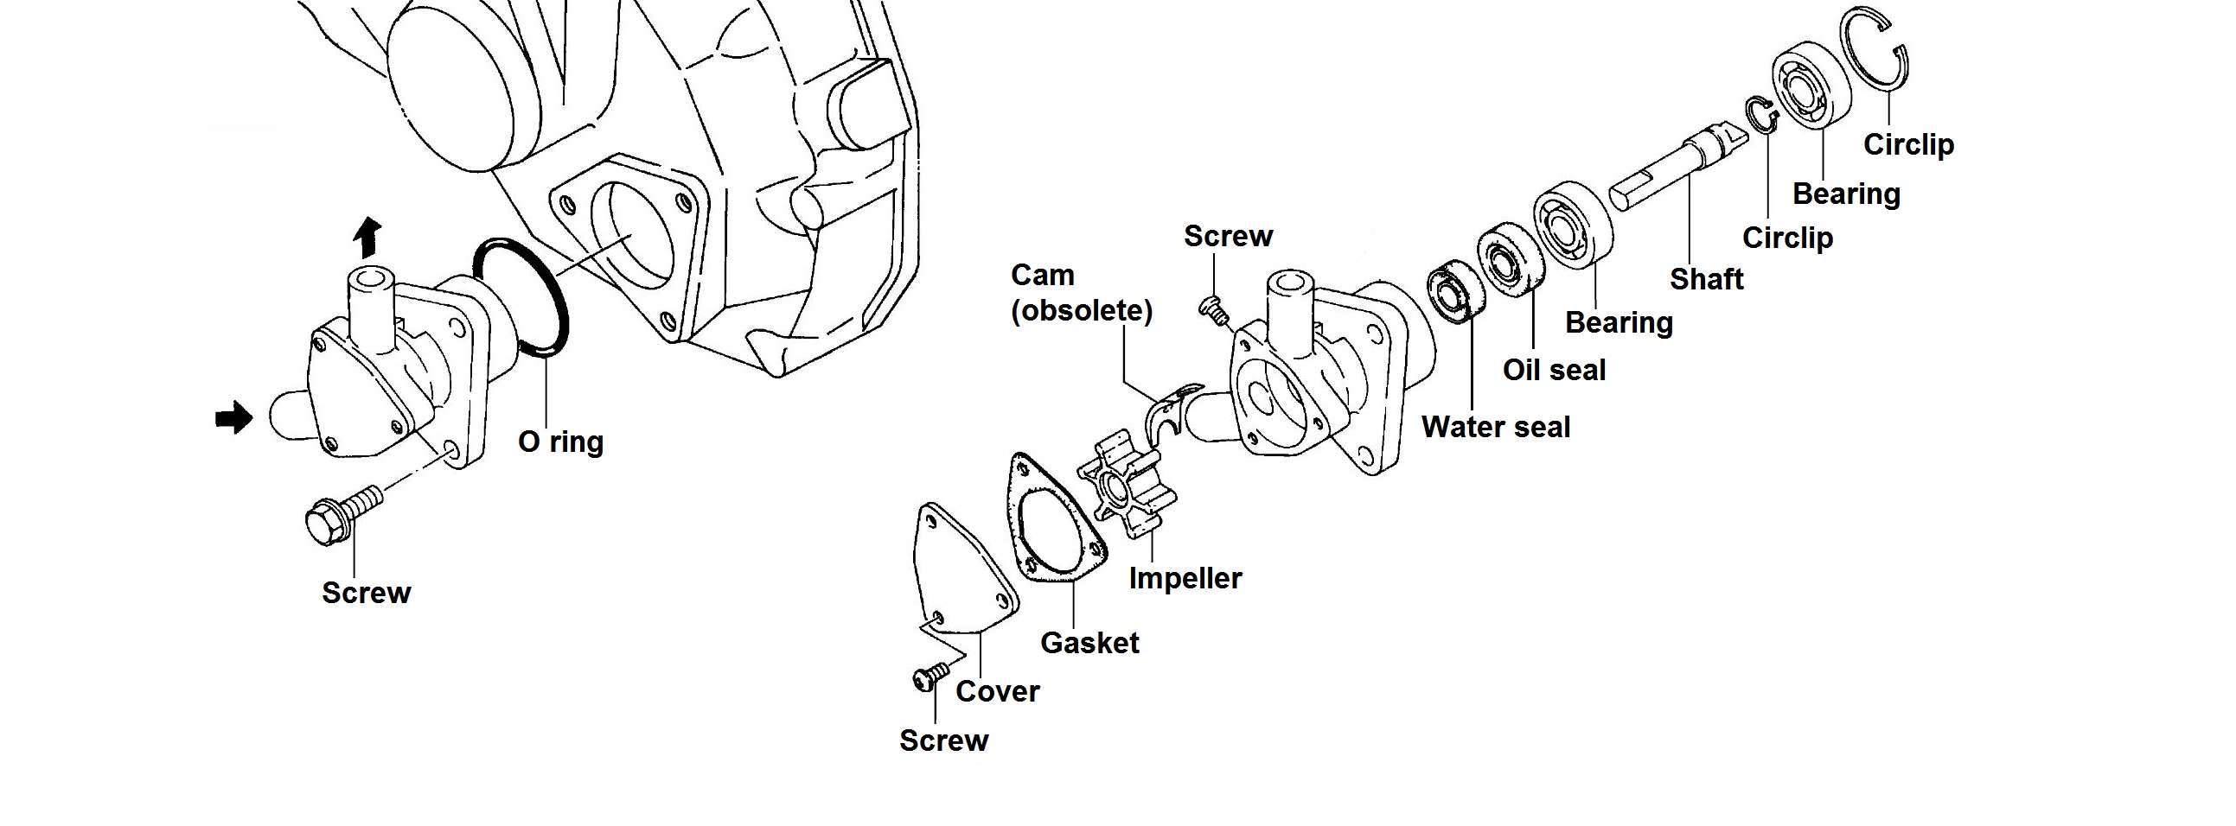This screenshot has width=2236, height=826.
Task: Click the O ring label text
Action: pos(561,442)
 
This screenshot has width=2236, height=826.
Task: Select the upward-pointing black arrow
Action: pos(369,236)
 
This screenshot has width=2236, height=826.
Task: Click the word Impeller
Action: pos(1185,578)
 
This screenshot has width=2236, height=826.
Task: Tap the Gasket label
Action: pos(1089,643)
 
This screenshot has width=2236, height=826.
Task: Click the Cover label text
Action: pos(997,691)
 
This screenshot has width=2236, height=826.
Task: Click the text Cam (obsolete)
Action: pos(1082,293)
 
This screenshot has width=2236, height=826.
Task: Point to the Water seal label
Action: pos(1496,427)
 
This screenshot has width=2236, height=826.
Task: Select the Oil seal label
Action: pos(1554,371)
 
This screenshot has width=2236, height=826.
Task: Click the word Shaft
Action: pos(1707,279)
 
